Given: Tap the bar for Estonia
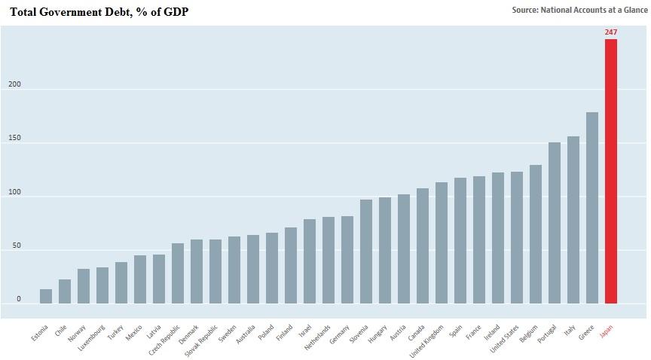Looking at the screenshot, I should (46, 296).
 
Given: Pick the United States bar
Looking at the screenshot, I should (517, 237).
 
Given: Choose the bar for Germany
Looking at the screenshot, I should (347, 260).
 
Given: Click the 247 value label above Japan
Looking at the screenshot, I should (610, 32).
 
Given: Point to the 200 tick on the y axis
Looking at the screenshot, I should (15, 85).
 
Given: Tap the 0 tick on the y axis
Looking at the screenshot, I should (18, 300).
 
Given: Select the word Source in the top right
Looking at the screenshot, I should (526, 10).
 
